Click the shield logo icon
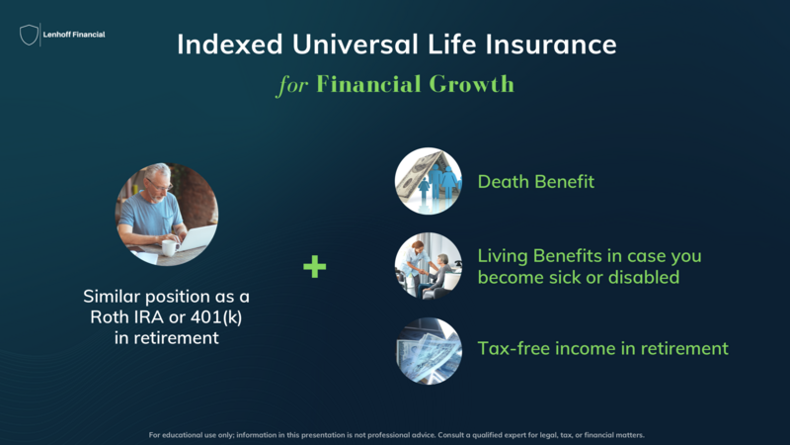pyautogui.click(x=29, y=35)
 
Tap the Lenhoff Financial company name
pyautogui.click(x=74, y=35)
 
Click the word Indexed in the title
pyautogui.click(x=230, y=44)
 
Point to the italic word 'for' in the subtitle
pyautogui.click(x=292, y=84)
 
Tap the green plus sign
pyautogui.click(x=314, y=266)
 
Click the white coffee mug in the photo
pyautogui.click(x=170, y=247)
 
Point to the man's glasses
pyautogui.click(x=160, y=186)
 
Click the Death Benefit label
pyautogui.click(x=536, y=182)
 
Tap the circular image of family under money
pyautogui.click(x=429, y=181)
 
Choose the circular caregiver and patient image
pyautogui.click(x=429, y=266)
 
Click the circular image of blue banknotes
pyautogui.click(x=429, y=351)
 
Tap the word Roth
pyautogui.click(x=109, y=316)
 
